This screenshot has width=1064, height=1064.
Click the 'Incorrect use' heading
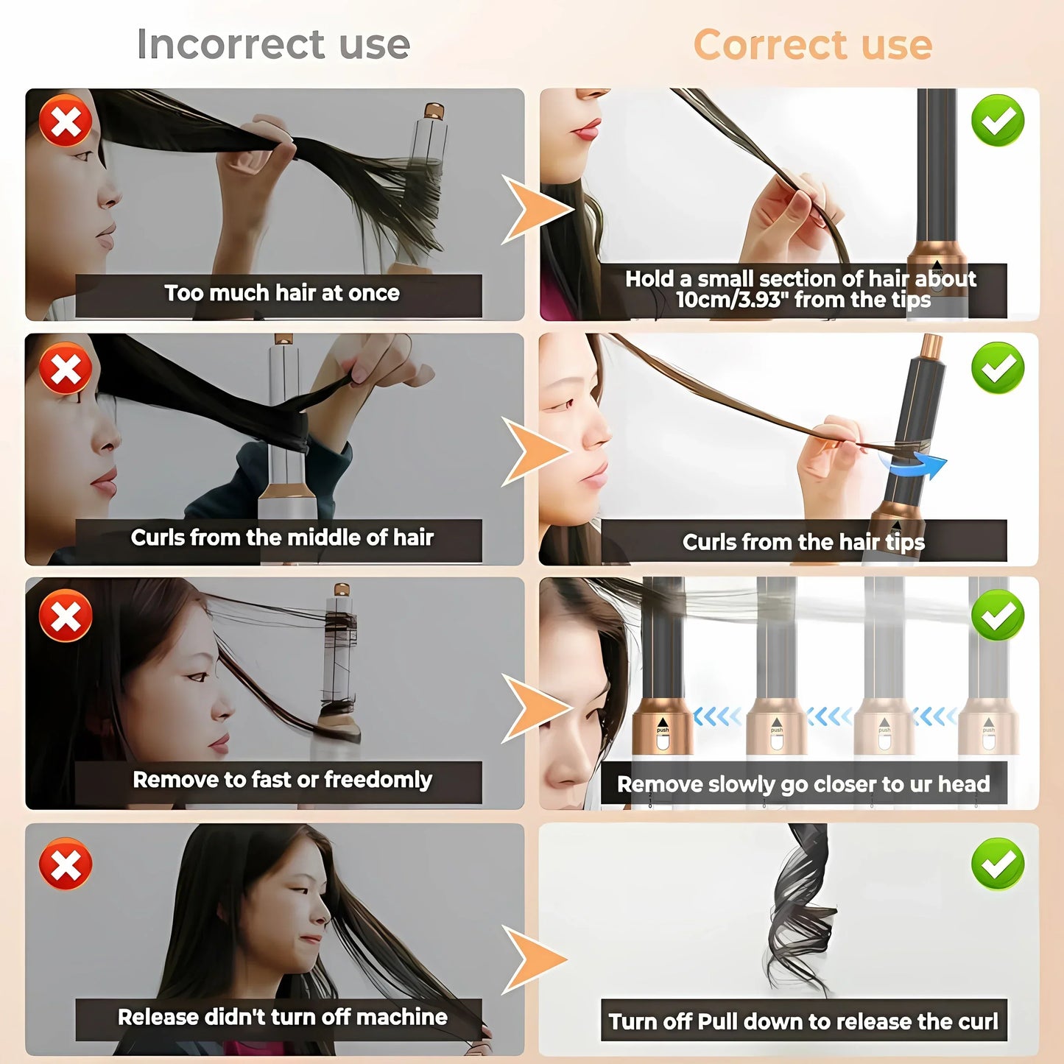[273, 44]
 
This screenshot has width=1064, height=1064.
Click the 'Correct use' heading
[813, 45]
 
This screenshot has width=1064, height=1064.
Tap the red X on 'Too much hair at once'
[66, 121]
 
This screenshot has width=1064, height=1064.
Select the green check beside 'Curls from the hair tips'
[998, 367]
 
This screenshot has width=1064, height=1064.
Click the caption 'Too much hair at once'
[281, 293]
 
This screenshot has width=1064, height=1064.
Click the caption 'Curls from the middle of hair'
[281, 538]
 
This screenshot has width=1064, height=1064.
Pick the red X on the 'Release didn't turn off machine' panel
[66, 863]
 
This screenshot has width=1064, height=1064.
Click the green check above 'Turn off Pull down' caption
[998, 863]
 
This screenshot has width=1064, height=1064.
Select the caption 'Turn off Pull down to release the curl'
[803, 1021]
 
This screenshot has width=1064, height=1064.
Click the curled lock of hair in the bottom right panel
[801, 913]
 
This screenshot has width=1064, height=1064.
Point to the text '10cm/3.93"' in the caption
[728, 300]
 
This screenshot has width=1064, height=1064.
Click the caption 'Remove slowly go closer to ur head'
[803, 784]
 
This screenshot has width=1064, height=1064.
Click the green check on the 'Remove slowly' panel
[998, 615]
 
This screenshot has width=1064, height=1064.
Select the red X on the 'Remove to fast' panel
[66, 615]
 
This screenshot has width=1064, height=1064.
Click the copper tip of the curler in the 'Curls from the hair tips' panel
[932, 345]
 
